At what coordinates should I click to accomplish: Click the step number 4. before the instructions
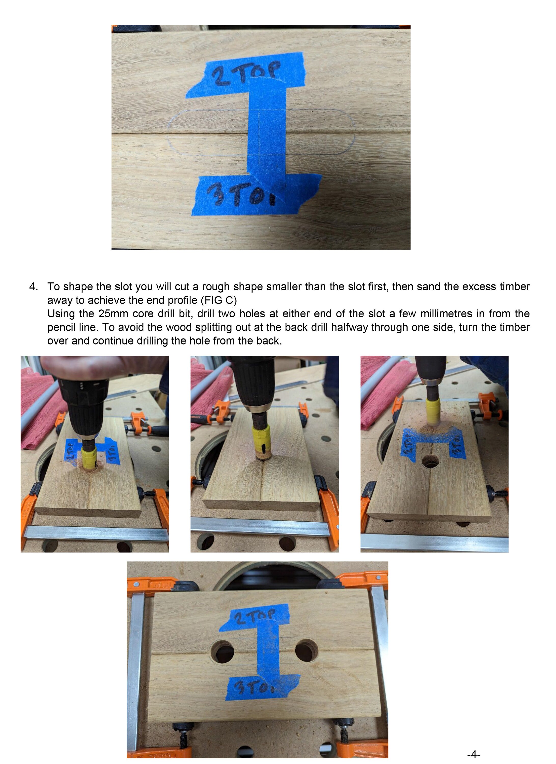coord(33,287)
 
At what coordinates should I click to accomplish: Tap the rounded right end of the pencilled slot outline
coord(352,132)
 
